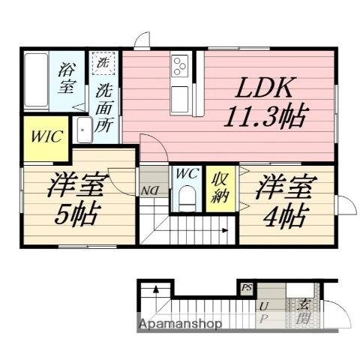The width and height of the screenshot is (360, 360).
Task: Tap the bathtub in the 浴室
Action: pos(37,81)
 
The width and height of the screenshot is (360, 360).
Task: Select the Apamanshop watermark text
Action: pos(179,325)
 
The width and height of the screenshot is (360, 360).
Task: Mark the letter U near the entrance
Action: pos(264,307)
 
